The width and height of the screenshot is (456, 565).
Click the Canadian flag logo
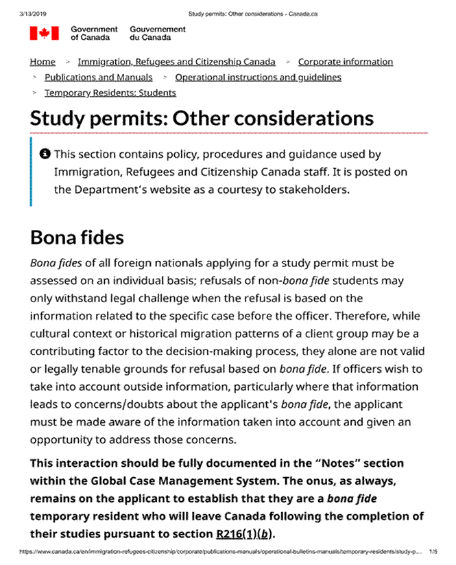tap(44, 33)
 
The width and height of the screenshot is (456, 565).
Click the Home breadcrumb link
tap(43, 62)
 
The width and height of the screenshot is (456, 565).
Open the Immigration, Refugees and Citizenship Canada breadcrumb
tap(176, 62)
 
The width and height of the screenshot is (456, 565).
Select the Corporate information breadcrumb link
tap(345, 62)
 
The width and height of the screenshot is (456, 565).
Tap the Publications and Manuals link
tap(98, 78)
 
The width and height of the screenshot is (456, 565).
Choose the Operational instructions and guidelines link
tap(258, 78)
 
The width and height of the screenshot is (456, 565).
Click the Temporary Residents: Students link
tap(110, 93)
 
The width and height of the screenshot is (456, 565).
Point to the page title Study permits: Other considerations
tap(202, 117)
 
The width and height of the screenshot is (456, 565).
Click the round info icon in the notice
tap(45, 154)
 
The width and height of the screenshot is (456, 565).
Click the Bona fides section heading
tap(77, 238)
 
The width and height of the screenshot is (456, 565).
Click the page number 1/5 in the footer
tap(433, 551)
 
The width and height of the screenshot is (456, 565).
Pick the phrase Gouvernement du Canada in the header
tap(158, 33)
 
